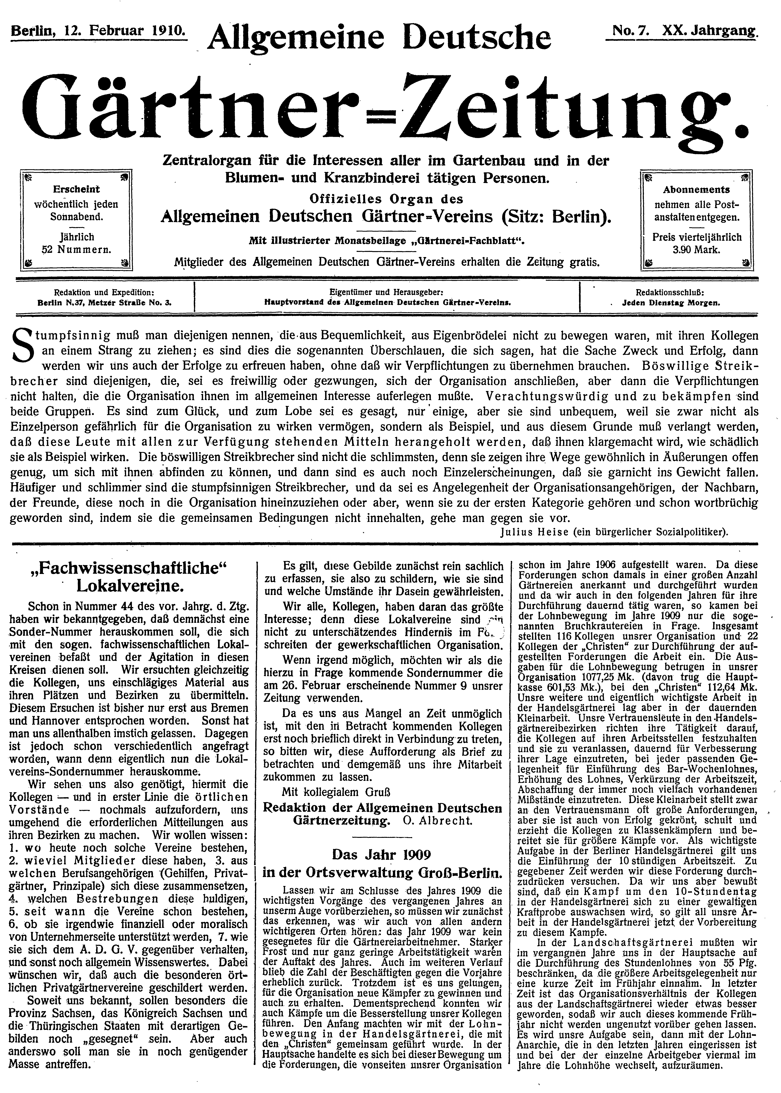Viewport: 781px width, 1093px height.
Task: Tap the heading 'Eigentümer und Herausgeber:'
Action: coord(386,292)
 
